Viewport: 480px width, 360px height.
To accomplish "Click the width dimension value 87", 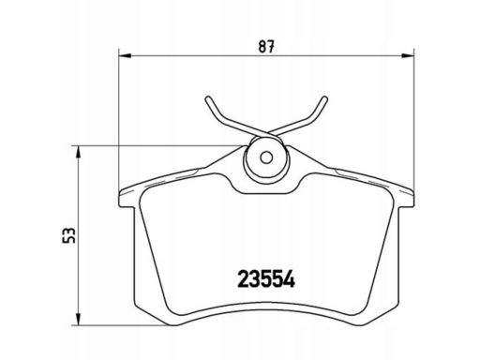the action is (266, 47).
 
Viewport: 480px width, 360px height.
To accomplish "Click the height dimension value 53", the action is (68, 235).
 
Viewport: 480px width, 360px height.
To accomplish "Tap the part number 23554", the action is (266, 279).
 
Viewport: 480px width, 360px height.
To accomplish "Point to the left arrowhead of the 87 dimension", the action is (125, 56).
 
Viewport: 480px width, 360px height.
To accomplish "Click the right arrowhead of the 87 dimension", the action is (408, 56).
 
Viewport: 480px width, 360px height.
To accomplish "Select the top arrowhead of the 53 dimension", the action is (79, 152).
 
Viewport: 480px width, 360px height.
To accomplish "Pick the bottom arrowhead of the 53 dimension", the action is (79, 320).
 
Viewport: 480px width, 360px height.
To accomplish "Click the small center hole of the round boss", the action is (266, 157).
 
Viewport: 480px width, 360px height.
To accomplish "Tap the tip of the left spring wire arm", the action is (208, 98).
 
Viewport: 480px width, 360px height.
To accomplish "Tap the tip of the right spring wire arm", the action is (324, 98).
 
